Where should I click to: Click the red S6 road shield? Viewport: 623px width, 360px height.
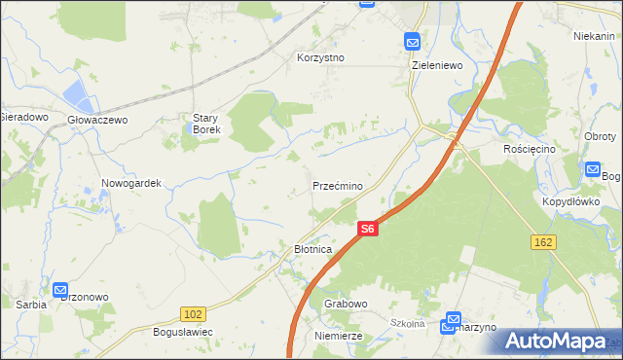click(366, 229)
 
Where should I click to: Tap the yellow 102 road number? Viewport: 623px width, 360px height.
click(192, 313)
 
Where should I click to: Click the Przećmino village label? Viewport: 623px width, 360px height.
click(338, 186)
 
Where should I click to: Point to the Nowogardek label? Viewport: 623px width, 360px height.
click(130, 183)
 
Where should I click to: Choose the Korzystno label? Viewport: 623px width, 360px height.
click(321, 57)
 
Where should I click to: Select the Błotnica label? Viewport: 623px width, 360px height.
click(313, 250)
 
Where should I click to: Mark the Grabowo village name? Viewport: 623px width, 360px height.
click(346, 304)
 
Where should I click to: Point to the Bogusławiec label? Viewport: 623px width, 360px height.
click(183, 332)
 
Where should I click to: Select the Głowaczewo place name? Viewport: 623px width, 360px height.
click(97, 120)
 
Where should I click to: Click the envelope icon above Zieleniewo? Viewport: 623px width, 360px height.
click(413, 42)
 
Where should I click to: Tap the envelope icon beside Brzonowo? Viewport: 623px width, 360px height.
click(60, 290)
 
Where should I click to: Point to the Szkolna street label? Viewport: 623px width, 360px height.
click(409, 323)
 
